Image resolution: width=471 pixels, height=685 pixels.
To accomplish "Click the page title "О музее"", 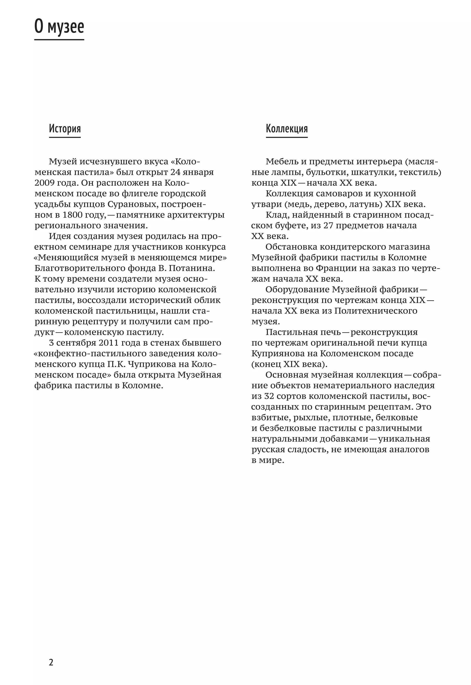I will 59,27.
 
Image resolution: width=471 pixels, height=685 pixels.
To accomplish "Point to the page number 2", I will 51,662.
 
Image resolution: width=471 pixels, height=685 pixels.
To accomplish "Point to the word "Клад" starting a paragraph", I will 276,215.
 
